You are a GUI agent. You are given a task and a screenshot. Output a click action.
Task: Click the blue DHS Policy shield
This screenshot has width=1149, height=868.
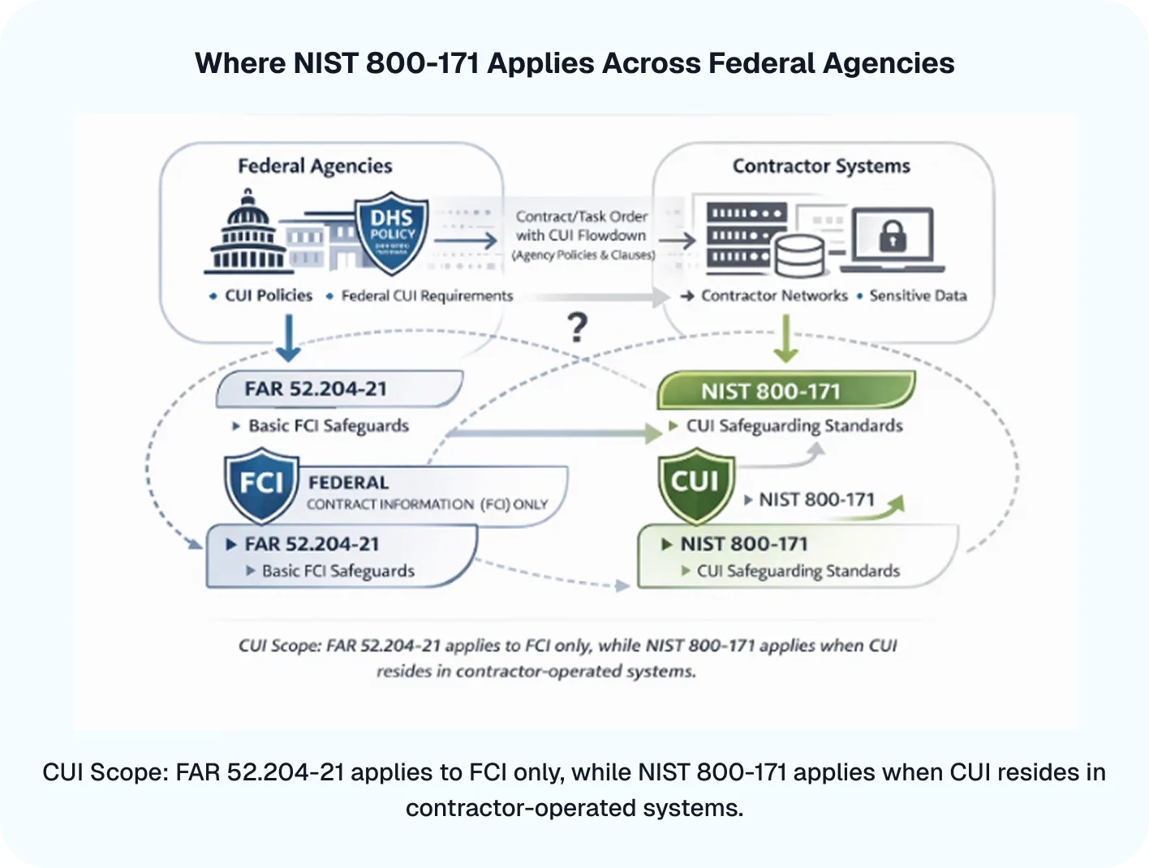393,233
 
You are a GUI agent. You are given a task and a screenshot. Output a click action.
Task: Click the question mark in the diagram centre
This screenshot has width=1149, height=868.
577,328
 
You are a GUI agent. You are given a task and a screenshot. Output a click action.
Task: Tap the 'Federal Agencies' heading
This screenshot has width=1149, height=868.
315,166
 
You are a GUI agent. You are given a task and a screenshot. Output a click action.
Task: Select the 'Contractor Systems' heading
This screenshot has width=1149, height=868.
821,166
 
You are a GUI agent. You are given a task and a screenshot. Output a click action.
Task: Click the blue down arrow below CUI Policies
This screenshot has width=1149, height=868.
288,337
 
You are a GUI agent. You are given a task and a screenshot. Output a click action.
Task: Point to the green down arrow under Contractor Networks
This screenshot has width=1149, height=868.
785,339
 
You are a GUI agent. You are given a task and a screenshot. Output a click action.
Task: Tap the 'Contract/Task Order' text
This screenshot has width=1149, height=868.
582,217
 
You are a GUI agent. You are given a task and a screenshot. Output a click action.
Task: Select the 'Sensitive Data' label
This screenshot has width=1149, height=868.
918,296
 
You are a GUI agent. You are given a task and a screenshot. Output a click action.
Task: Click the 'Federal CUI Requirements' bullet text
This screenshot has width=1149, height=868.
427,296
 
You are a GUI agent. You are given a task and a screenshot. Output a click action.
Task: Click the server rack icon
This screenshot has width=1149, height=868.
745,235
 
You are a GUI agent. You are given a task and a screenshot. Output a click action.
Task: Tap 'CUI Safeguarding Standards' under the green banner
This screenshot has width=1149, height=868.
794,426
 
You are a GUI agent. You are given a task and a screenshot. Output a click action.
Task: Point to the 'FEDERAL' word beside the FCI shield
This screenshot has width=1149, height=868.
348,483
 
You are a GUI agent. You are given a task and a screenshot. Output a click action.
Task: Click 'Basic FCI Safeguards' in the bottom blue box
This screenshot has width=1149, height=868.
338,571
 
